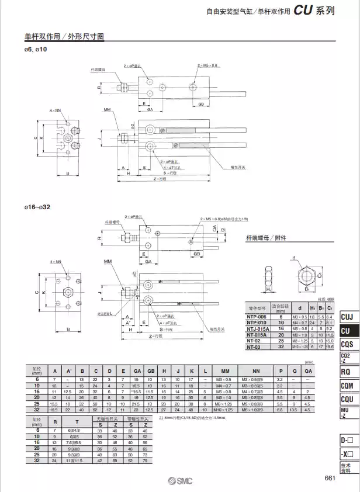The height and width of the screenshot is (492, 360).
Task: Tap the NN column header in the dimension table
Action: pos(255,370)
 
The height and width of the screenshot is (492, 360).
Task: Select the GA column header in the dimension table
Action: pos(137,370)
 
